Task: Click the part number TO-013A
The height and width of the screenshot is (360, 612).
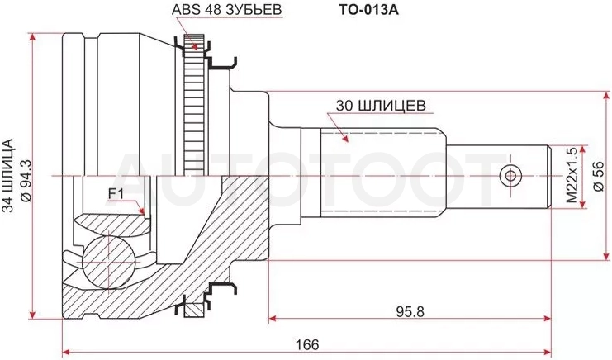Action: tap(368, 10)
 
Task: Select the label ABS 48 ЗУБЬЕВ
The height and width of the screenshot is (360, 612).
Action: tap(227, 10)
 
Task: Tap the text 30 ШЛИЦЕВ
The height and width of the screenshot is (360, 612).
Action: tap(381, 106)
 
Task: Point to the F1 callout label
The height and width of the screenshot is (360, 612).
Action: tap(115, 194)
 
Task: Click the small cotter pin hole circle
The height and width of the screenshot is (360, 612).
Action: tap(510, 176)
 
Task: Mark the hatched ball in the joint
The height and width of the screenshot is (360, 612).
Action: tap(107, 262)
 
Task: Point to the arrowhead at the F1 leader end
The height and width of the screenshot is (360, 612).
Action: tap(142, 211)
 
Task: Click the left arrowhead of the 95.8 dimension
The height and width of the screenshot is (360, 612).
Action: tap(273, 319)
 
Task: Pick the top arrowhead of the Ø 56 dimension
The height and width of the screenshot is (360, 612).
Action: tap(606, 96)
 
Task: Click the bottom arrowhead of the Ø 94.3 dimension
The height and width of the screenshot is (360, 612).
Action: tap(32, 315)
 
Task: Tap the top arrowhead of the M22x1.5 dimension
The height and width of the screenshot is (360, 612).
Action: tap(584, 149)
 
